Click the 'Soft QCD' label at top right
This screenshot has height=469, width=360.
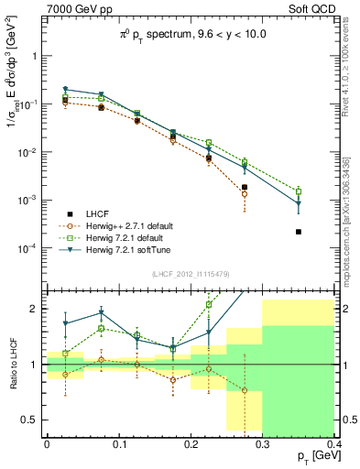[x=311, y=10]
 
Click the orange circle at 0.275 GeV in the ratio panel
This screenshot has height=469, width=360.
[x=245, y=390]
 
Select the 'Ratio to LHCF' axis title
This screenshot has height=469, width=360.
[x=11, y=364]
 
